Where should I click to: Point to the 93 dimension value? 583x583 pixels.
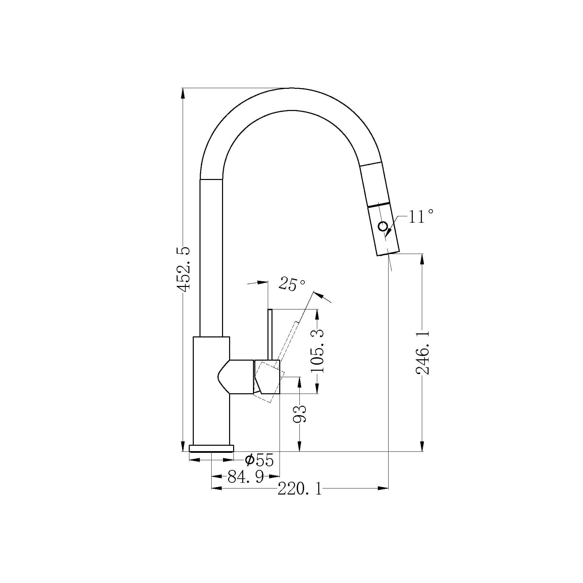coord(299,414)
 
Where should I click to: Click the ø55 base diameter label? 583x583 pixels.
coord(259,460)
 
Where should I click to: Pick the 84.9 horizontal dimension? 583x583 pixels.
coord(246,476)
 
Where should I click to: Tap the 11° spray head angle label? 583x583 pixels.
coord(421,216)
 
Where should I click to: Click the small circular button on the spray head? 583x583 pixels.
coord(383,226)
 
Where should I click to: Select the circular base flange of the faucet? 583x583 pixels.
coord(211,448)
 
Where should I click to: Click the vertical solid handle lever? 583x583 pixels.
coord(269,334)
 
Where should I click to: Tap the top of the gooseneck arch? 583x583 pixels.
coord(291,88)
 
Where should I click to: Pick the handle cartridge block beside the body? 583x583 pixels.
coord(267,376)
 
